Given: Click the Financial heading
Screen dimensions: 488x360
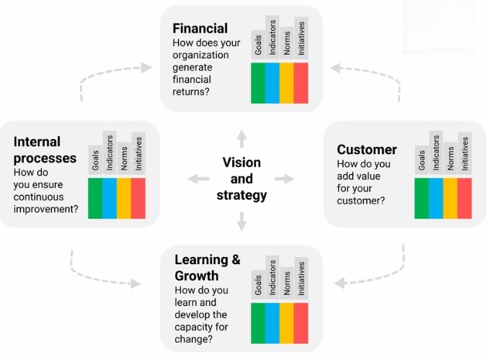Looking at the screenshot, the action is [x=200, y=28].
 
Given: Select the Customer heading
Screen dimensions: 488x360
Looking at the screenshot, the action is [x=367, y=150].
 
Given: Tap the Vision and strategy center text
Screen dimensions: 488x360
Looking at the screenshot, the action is [x=241, y=179].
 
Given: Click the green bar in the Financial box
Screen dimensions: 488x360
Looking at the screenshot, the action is [x=258, y=83].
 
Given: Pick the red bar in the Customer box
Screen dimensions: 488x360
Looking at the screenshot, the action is [x=464, y=198].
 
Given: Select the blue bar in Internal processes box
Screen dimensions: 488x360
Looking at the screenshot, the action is [x=110, y=198].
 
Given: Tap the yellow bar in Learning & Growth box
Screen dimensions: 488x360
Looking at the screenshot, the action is [x=287, y=323].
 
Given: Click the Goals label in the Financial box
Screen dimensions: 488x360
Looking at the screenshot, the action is [x=258, y=45].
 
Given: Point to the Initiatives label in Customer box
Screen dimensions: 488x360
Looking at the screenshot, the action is [x=465, y=153].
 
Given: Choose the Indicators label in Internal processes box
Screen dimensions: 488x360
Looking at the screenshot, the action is [x=110, y=153].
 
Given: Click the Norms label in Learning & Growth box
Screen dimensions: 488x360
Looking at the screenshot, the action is [x=287, y=283].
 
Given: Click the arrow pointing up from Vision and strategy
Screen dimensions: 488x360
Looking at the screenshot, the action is [x=241, y=138].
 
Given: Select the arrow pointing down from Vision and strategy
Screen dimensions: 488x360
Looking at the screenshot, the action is [x=241, y=221].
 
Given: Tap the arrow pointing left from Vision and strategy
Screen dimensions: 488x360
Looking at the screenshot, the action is [x=198, y=179].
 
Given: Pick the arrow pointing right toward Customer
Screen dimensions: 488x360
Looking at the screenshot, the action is [x=285, y=179].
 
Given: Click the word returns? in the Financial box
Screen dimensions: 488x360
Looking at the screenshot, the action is [x=191, y=91].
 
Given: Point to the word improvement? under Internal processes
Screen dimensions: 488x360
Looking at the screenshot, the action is [x=45, y=210].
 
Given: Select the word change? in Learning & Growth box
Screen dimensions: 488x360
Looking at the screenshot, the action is [x=194, y=339].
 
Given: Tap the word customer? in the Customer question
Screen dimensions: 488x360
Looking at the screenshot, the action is [x=360, y=200].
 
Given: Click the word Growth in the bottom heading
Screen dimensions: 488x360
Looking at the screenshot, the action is [x=196, y=276].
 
